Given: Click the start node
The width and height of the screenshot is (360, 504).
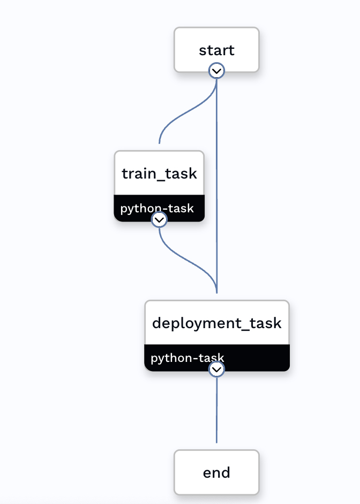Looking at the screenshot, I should tap(216, 50).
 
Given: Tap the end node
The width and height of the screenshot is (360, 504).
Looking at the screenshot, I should tap(216, 472).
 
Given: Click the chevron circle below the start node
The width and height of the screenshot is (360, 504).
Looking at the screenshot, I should tap(216, 71).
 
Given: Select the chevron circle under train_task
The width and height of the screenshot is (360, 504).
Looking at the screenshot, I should tap(159, 219).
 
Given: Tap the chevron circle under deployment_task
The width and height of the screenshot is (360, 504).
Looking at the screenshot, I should tap(216, 369).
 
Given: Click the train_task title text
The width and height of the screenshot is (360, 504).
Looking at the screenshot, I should tap(159, 174).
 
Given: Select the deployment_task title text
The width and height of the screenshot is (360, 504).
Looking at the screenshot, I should tap(216, 323).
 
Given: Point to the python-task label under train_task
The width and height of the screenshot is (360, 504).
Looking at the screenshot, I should tap(156, 208).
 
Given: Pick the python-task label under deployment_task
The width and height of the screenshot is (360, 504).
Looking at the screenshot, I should tap(187, 358).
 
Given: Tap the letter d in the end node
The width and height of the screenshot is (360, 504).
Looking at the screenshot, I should tap(225, 472).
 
